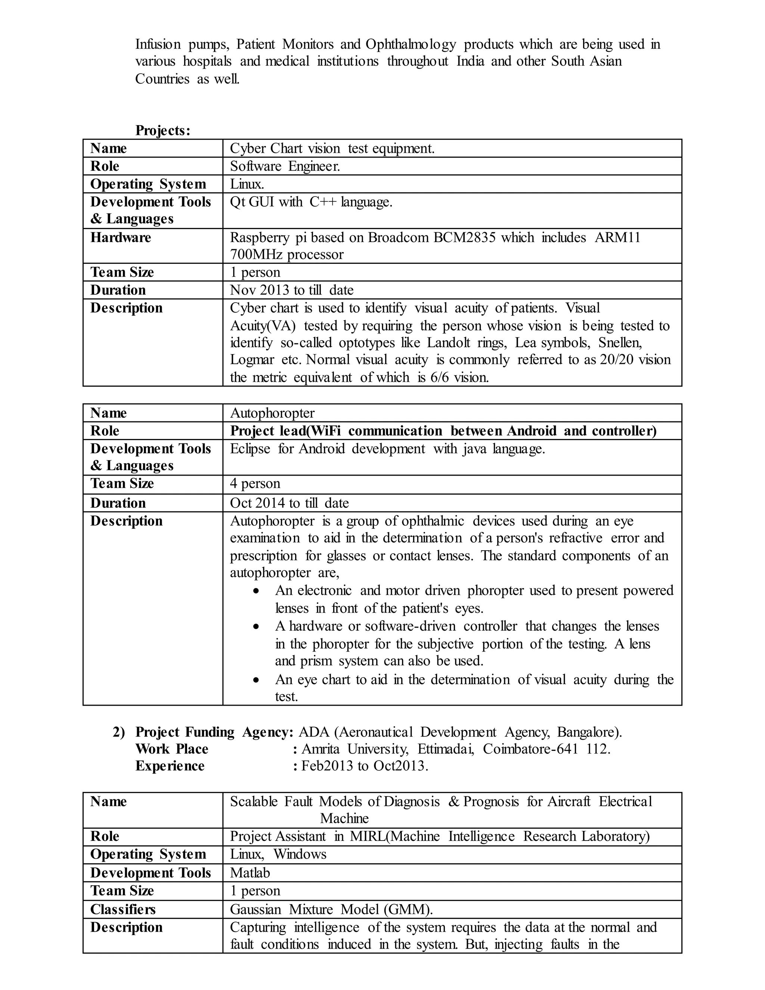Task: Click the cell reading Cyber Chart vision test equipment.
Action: [x=332, y=148]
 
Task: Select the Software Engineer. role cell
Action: [x=285, y=166]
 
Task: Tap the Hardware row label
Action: [x=121, y=238]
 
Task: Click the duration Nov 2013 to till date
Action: [x=291, y=290]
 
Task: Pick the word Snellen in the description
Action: [x=620, y=342]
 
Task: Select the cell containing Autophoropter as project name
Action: [x=272, y=413]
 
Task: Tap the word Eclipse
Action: [x=250, y=449]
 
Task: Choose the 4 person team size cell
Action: [x=255, y=484]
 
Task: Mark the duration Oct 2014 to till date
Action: [x=289, y=503]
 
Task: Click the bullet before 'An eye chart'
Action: [x=257, y=680]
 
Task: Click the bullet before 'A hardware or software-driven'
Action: [x=257, y=627]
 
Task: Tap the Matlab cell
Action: [x=250, y=873]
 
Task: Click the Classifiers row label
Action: [x=123, y=909]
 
